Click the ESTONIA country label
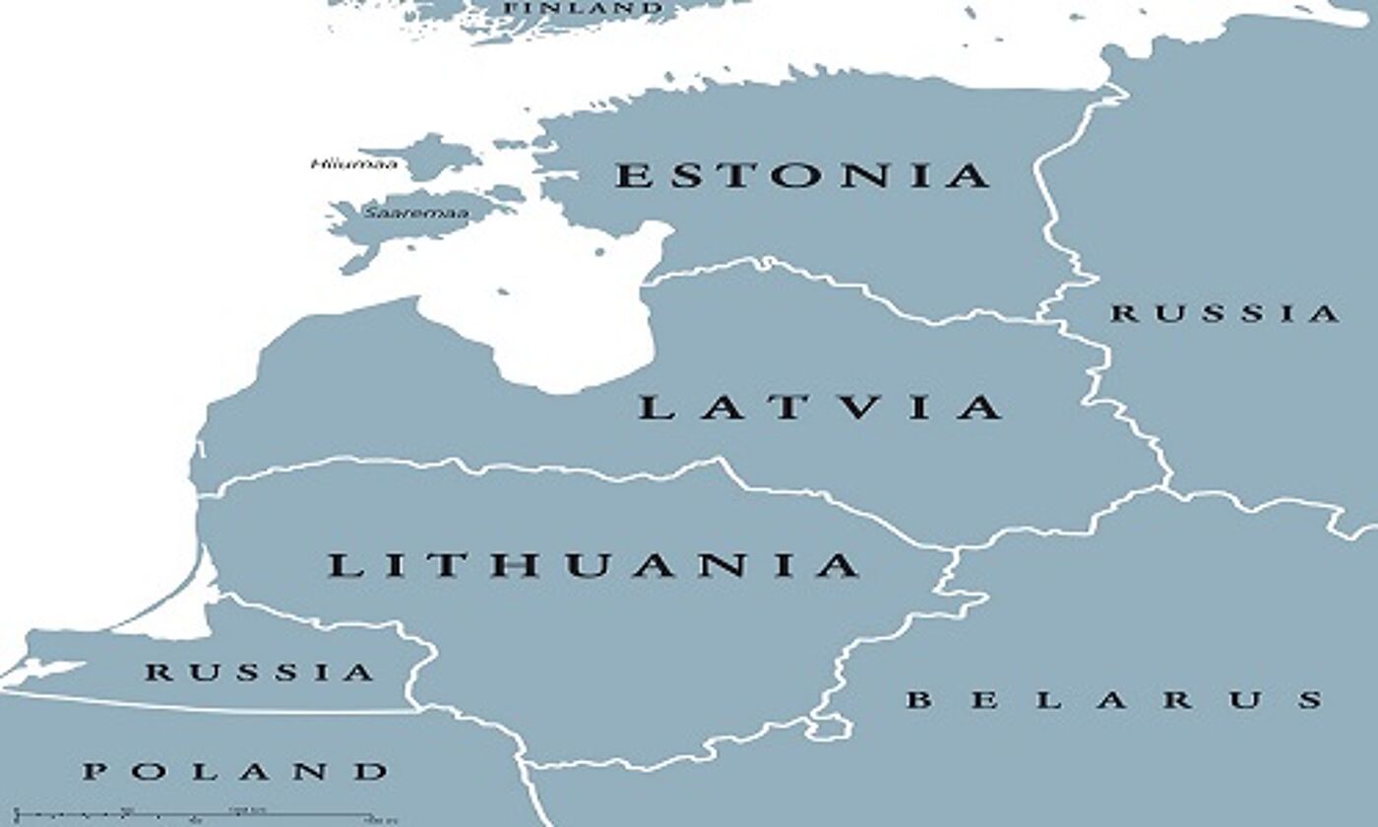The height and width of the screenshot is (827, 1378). (802, 175)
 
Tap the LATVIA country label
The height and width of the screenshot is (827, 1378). (820, 407)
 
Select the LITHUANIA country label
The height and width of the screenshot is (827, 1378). (594, 566)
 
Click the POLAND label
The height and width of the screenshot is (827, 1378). (235, 771)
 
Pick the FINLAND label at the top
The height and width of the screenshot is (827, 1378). (584, 8)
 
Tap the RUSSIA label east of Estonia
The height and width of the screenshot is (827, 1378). (1225, 314)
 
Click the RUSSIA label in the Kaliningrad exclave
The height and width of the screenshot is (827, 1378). (260, 673)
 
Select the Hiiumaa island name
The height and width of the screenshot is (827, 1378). (354, 163)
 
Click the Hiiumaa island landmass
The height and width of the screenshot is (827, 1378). (433, 155)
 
